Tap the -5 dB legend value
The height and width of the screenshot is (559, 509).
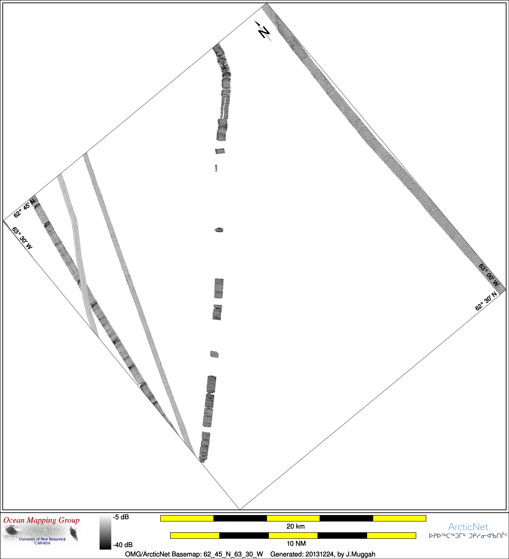pos(121,517)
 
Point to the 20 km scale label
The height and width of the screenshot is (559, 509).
pos(296,526)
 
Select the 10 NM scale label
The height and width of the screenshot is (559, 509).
pos(296,543)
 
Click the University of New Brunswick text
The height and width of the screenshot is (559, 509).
pos(42,539)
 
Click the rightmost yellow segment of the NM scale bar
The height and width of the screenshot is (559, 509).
pos(391,535)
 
